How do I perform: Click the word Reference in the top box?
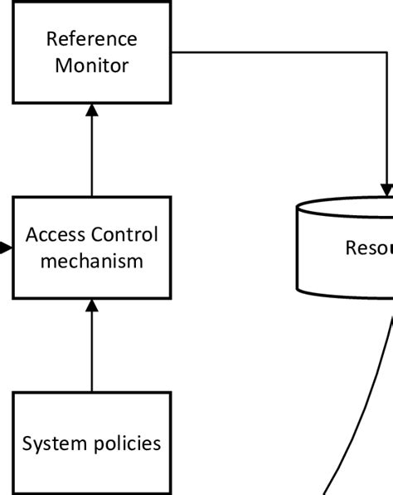(91, 39)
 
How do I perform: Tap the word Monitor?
(91, 66)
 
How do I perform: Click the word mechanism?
(91, 261)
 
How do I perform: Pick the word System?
(49, 444)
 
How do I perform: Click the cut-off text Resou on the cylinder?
(369, 247)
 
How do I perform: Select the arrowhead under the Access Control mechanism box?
(92, 306)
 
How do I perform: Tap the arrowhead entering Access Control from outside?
(6, 247)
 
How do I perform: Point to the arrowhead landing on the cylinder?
(387, 190)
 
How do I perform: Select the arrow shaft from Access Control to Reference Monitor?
(92, 158)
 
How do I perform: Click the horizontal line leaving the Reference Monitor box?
(274, 52)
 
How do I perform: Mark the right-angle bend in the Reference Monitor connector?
(387, 52)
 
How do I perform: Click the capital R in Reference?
(51, 39)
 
